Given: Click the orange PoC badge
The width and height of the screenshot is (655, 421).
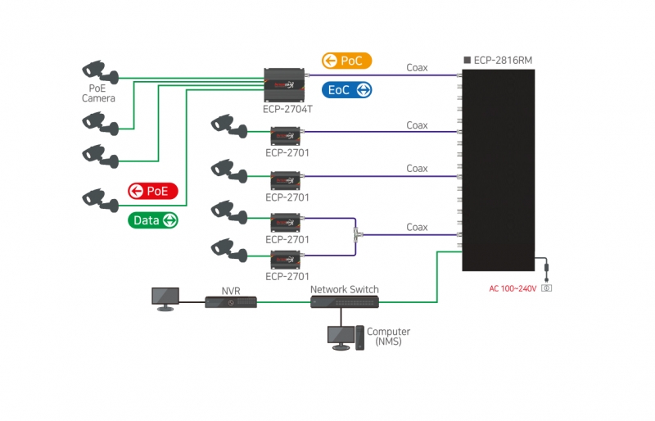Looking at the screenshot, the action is click(x=346, y=61).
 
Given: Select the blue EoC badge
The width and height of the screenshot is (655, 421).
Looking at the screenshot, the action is click(x=346, y=90).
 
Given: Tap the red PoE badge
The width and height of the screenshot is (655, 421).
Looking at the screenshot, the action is click(x=153, y=191).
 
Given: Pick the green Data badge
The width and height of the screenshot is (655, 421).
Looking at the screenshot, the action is click(x=153, y=220).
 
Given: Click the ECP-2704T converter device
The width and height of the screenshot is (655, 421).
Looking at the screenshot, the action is click(x=284, y=85).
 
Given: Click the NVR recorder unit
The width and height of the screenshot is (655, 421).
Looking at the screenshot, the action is click(x=231, y=302).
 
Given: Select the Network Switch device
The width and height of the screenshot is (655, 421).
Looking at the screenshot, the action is click(x=345, y=302).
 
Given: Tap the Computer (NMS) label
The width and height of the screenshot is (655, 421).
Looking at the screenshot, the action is click(x=388, y=336).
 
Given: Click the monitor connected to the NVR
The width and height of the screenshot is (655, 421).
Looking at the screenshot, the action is click(x=165, y=298).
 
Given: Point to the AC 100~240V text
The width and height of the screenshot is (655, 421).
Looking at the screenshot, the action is click(x=513, y=288).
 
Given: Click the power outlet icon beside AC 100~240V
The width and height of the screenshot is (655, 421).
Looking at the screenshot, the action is click(x=546, y=288).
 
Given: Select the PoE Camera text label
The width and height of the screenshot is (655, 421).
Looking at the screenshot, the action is click(x=98, y=93).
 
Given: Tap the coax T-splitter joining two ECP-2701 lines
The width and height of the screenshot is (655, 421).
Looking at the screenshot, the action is click(x=356, y=235).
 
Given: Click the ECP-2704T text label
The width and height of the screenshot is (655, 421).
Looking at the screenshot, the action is click(x=287, y=109).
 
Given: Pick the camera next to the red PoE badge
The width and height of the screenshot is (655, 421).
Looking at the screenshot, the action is click(x=100, y=200).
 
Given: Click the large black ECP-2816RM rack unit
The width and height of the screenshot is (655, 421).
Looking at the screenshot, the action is click(x=499, y=170).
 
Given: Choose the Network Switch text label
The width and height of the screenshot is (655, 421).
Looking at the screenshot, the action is click(x=344, y=289).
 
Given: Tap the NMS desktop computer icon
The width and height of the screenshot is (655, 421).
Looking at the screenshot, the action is click(x=346, y=337).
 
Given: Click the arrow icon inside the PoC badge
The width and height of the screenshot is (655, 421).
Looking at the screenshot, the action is click(x=330, y=61).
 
